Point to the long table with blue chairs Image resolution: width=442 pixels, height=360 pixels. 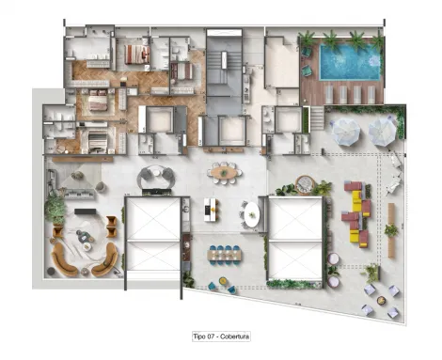[224, 253]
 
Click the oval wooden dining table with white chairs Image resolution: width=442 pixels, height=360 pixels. [225, 172]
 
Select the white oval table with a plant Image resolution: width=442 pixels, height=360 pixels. [251, 213]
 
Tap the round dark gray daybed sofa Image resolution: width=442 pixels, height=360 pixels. [152, 177]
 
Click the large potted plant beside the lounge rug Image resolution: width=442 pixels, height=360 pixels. [56, 210]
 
